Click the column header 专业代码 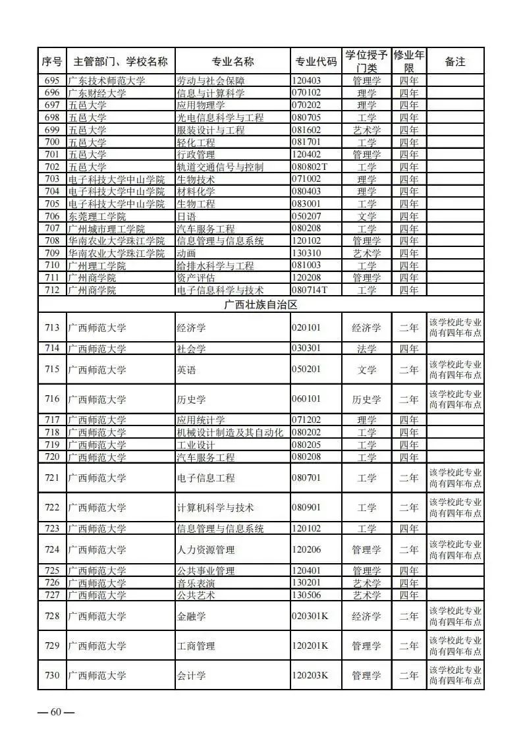(316, 62)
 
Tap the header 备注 (454, 62)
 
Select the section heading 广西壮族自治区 (261, 305)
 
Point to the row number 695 (52, 81)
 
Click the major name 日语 (187, 217)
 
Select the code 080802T (310, 167)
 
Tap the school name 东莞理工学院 (97, 217)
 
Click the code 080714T (310, 290)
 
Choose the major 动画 (187, 254)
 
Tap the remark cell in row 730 (454, 676)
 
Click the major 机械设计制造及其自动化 (230, 433)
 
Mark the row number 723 (52, 529)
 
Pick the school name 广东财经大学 (97, 94)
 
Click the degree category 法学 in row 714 (366, 349)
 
